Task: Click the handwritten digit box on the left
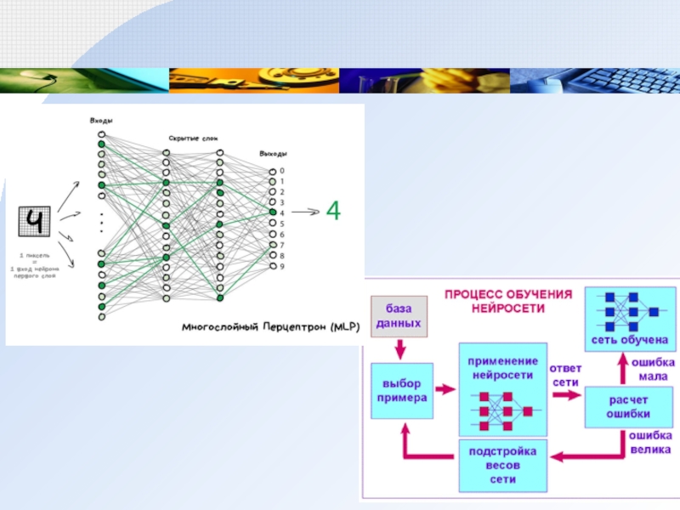coord(35,223)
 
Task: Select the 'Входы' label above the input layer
coord(101,122)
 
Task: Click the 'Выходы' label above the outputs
coord(273,154)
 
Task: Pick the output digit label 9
coord(282,267)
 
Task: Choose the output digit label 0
coord(282,171)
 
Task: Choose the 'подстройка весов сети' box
coord(501,465)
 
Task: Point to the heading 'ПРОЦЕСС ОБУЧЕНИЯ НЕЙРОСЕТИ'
coord(508,300)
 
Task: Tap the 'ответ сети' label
coord(565,375)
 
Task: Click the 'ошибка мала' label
coord(653,368)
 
